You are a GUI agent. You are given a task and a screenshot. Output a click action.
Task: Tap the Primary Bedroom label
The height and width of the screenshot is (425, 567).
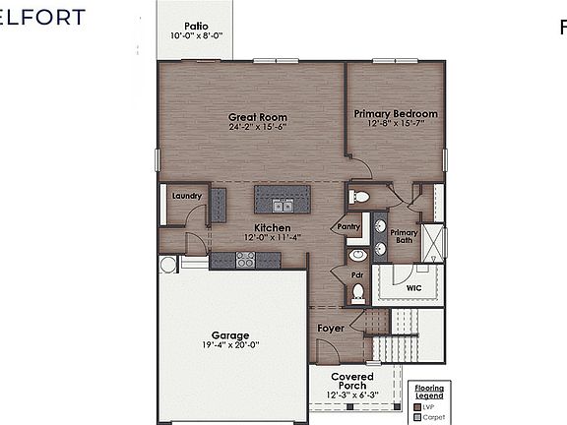pyautogui.click(x=396, y=114)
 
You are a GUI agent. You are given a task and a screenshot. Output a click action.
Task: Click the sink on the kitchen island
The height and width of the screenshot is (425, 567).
pyautogui.click(x=283, y=206)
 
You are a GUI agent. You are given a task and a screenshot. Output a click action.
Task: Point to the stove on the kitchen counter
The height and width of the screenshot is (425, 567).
pyautogui.click(x=245, y=259)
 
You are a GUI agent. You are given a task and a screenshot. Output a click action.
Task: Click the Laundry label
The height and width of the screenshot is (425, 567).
pyautogui.click(x=186, y=196)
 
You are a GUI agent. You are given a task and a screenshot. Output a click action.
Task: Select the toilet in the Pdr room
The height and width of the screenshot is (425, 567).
pyautogui.click(x=359, y=291)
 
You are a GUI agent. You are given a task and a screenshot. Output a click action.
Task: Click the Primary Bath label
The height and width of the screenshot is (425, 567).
pyautogui.click(x=406, y=236)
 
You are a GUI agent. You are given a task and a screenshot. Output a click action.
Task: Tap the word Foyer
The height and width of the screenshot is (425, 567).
pyautogui.click(x=330, y=328)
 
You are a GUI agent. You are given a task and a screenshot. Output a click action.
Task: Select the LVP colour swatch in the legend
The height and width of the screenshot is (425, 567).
pyautogui.click(x=418, y=405)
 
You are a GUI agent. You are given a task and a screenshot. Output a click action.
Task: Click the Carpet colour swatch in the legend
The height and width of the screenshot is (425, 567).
pyautogui.click(x=418, y=416)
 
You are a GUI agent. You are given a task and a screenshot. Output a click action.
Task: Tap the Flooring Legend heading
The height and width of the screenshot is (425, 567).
pyautogui.click(x=429, y=392)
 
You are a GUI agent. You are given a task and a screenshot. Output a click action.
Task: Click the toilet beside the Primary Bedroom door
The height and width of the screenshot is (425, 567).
pyautogui.click(x=360, y=198)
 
